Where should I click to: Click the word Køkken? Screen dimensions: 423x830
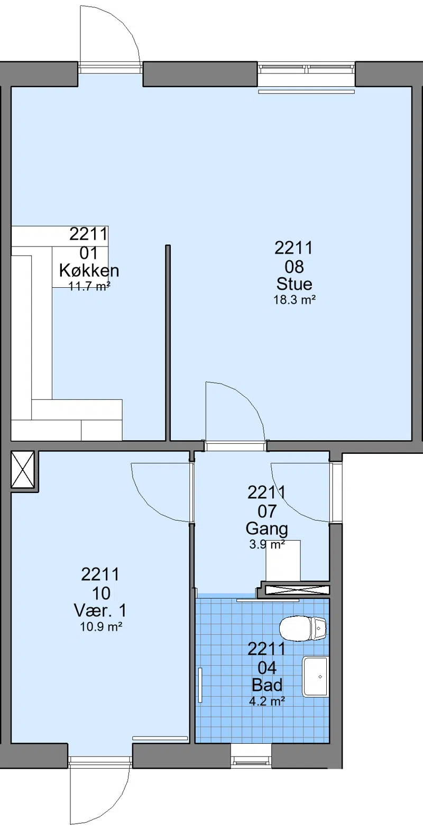89,270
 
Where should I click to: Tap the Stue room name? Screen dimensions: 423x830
295,284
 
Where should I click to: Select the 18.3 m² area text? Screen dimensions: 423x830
295,299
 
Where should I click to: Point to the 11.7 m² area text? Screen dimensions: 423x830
89,286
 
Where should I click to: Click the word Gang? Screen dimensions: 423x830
266,529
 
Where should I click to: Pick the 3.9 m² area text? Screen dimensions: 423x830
266,544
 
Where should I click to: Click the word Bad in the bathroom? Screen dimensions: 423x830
267,685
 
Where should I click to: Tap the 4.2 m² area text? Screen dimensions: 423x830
267,701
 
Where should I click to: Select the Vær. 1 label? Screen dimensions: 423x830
100,610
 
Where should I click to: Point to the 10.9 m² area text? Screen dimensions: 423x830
101,626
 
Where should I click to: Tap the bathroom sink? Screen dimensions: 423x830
316,677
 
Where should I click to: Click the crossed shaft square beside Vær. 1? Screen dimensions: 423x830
23,469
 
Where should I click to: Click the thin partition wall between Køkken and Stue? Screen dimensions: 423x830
168,343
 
